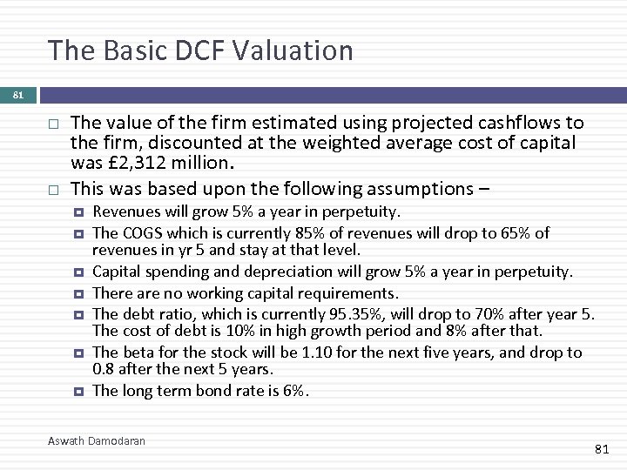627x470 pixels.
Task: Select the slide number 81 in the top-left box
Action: coord(18,96)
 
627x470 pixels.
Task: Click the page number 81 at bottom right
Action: coord(601,449)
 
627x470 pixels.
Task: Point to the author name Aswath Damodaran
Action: coord(97,441)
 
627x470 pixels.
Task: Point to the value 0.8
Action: coord(104,372)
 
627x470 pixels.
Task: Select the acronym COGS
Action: coord(141,232)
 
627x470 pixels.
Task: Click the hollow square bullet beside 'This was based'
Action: coord(53,189)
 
